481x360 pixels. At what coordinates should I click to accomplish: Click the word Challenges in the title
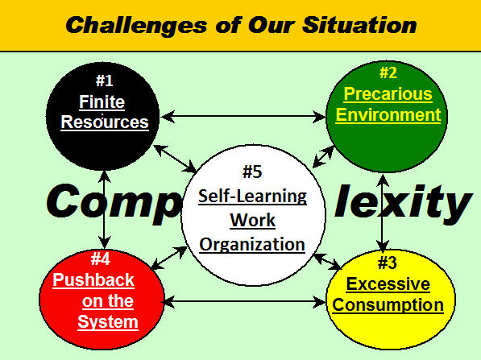click(136, 26)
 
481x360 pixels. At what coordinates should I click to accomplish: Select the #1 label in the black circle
click(104, 81)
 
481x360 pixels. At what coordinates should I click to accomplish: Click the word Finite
click(102, 101)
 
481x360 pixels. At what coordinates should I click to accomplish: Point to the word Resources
click(105, 122)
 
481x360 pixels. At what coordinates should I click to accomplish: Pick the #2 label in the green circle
click(388, 72)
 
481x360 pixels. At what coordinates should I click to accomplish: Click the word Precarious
click(388, 94)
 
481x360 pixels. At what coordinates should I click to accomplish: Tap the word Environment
click(388, 115)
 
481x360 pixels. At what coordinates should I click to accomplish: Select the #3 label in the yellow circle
click(387, 263)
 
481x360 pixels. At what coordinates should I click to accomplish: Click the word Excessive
click(388, 284)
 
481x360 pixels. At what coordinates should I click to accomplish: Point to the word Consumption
click(388, 305)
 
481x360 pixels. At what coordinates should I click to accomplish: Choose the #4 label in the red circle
click(101, 259)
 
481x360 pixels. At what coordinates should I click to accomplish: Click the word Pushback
click(93, 280)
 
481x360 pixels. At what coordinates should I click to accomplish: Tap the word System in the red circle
click(108, 322)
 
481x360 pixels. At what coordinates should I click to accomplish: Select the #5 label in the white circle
click(252, 172)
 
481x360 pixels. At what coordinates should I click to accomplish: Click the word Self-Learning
click(252, 197)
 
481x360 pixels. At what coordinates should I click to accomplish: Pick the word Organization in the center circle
click(252, 245)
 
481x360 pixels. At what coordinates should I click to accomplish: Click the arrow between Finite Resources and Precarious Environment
click(243, 117)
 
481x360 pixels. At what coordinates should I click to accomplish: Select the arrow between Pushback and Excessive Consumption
click(244, 302)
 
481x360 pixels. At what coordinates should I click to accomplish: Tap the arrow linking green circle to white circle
click(323, 157)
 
